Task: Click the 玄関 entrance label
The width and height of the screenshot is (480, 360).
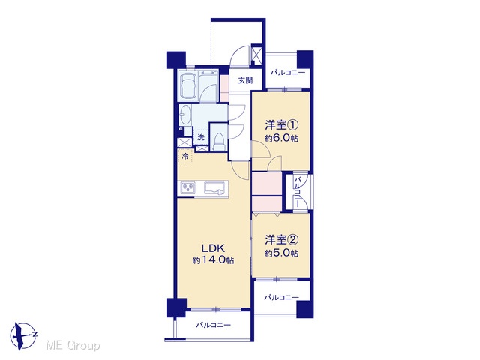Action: pyautogui.click(x=245, y=80)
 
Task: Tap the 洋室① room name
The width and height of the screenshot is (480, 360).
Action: pyautogui.click(x=282, y=125)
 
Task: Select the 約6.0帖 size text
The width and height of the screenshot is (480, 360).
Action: pyautogui.click(x=282, y=138)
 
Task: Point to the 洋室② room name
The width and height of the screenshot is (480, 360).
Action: pyautogui.click(x=282, y=240)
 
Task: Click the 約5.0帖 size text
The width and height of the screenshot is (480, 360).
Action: pyautogui.click(x=282, y=253)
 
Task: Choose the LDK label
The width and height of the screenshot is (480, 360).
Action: pyautogui.click(x=213, y=247)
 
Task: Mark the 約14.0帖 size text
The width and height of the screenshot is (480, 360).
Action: pyautogui.click(x=213, y=260)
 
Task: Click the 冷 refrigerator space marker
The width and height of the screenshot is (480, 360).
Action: pyautogui.click(x=185, y=156)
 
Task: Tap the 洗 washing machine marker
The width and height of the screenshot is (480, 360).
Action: pyautogui.click(x=201, y=137)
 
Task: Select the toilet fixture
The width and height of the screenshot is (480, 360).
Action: pyautogui.click(x=219, y=142)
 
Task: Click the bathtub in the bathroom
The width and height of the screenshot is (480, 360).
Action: pyautogui.click(x=188, y=86)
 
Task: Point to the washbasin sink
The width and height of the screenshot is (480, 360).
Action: pyautogui.click(x=185, y=114)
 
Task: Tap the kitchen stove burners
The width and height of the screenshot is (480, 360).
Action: pyautogui.click(x=188, y=187)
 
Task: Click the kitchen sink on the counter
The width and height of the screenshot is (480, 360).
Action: pyautogui.click(x=214, y=188)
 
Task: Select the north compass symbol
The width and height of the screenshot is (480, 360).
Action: pyautogui.click(x=24, y=336)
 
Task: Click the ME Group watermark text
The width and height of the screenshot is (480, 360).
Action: pyautogui.click(x=73, y=346)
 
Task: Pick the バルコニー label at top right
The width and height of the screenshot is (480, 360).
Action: pyautogui.click(x=288, y=73)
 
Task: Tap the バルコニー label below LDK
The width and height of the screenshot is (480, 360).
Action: pyautogui.click(x=213, y=325)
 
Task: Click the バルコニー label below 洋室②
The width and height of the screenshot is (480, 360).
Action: pyautogui.click(x=282, y=297)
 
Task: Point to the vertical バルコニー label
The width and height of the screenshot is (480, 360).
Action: pyautogui.click(x=297, y=193)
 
